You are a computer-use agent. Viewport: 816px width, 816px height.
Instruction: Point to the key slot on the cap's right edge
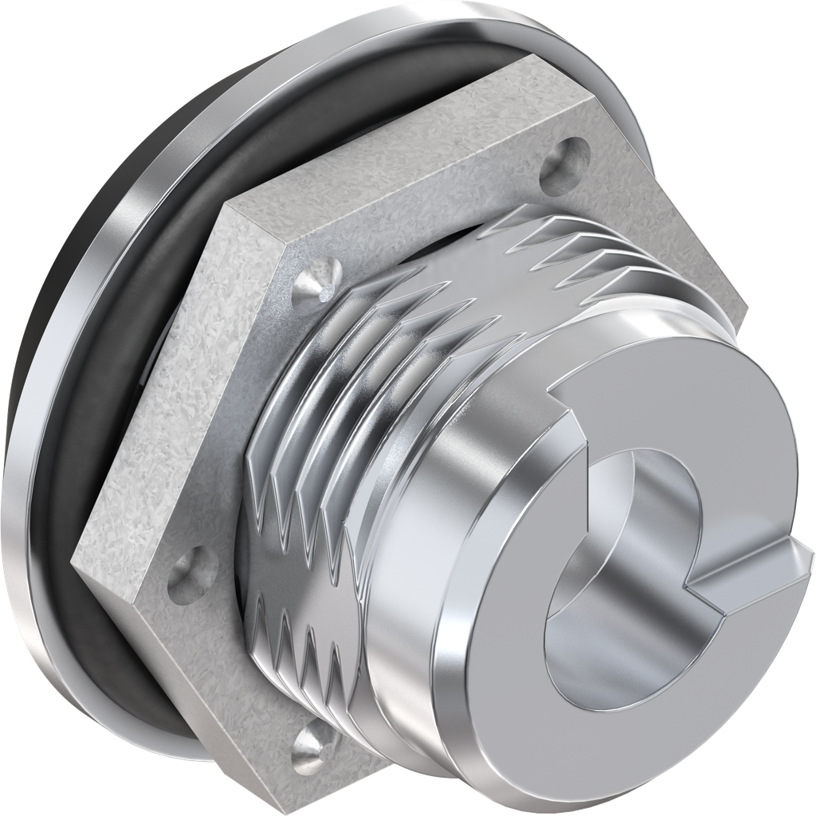pyautogui.click(x=757, y=570)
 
